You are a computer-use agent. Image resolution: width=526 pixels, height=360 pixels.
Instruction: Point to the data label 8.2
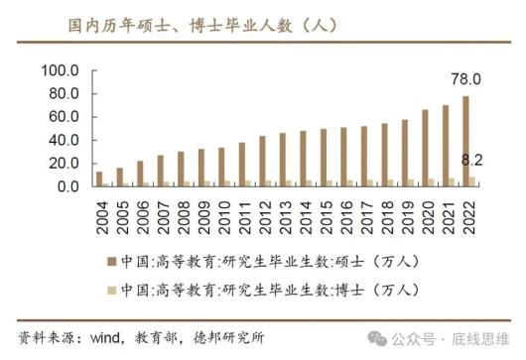(x=473, y=159)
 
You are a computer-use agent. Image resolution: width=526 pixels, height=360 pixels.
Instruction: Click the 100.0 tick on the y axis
(x=59, y=70)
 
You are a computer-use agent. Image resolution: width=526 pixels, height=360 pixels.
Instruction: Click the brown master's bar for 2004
(x=98, y=179)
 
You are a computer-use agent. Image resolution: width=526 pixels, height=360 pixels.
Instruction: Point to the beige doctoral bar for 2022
(x=473, y=181)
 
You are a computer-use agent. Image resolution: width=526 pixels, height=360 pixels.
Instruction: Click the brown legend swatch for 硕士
(x=111, y=262)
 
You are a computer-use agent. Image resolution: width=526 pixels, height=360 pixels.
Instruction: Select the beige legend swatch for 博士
(x=111, y=291)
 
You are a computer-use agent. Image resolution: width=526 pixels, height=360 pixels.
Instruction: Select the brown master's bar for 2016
(x=343, y=157)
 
